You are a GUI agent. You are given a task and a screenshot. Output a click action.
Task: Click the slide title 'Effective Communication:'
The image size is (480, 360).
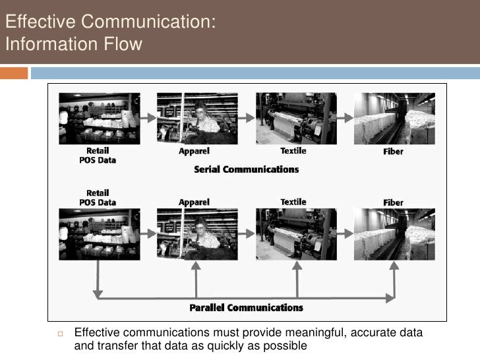(x=109, y=22)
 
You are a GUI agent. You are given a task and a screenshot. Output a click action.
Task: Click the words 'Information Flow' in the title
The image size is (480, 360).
(x=73, y=45)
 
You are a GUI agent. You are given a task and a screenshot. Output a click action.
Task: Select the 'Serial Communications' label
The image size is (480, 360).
(x=246, y=169)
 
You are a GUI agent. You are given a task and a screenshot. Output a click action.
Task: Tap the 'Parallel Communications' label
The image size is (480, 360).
(x=246, y=308)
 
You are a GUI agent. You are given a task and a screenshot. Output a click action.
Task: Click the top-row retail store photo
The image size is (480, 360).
(x=100, y=118)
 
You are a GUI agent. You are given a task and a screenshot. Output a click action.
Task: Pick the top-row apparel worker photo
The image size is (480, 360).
(x=196, y=118)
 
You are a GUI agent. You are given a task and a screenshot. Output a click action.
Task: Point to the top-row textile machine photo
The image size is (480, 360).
(x=296, y=118)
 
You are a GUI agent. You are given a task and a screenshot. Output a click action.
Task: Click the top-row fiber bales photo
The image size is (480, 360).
(x=394, y=118)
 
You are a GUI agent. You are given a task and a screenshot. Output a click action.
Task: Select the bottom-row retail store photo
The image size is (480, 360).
(x=100, y=233)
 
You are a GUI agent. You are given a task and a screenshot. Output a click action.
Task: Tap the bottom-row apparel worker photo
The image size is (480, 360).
(x=196, y=233)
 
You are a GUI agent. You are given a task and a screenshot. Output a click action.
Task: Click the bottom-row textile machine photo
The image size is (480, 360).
(x=296, y=233)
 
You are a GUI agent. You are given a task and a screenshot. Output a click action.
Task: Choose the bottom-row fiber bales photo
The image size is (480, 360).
(x=394, y=233)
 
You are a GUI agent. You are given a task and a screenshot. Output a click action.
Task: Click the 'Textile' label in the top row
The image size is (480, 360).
(x=293, y=151)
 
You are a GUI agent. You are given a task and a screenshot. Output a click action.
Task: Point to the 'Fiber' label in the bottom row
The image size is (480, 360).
(x=394, y=202)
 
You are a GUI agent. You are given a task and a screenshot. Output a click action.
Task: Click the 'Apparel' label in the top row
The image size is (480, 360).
(x=194, y=151)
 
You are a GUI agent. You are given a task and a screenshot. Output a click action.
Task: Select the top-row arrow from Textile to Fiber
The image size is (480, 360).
(x=345, y=118)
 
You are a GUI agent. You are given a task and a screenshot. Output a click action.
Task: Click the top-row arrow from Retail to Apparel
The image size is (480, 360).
(x=148, y=118)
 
